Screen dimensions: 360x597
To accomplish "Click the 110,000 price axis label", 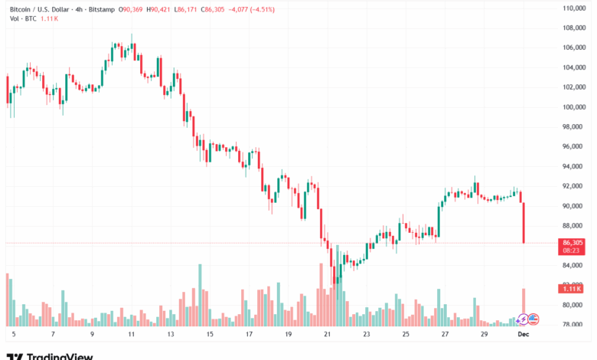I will click(x=573, y=8).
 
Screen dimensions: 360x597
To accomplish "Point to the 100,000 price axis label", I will click(x=573, y=106).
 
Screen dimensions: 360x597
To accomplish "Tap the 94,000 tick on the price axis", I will click(x=573, y=166).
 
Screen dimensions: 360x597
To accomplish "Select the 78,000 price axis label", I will click(x=573, y=325).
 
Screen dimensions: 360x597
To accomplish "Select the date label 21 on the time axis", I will click(x=327, y=335).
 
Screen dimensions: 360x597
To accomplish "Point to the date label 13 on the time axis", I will click(x=170, y=335).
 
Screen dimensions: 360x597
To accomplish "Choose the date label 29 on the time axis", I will click(x=484, y=335).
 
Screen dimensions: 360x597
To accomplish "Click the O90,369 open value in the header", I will click(x=131, y=9).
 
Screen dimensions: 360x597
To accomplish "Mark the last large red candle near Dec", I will click(x=524, y=223).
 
